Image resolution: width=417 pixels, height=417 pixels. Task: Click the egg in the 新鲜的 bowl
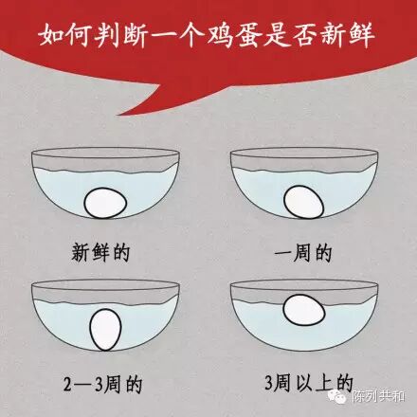coord(105,203)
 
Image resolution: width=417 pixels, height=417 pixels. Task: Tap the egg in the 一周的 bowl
coord(303,202)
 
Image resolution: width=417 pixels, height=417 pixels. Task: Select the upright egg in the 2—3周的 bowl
coord(105,330)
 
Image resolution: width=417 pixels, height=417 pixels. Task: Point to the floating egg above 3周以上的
coord(304,310)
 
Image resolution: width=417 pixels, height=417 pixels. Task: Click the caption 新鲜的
coord(100,253)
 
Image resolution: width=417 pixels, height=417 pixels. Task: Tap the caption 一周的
coord(303,253)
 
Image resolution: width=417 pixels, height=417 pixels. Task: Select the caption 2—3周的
coord(103,384)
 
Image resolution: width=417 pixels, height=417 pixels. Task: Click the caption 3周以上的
coord(309,383)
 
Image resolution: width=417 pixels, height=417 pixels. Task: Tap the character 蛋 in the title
coord(249,35)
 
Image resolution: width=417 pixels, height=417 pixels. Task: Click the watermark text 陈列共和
coord(378,396)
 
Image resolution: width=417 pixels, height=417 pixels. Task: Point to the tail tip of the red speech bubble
coord(118,115)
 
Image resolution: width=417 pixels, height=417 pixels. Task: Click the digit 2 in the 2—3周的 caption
coord(68,385)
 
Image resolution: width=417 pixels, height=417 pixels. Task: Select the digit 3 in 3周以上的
coord(268,383)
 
